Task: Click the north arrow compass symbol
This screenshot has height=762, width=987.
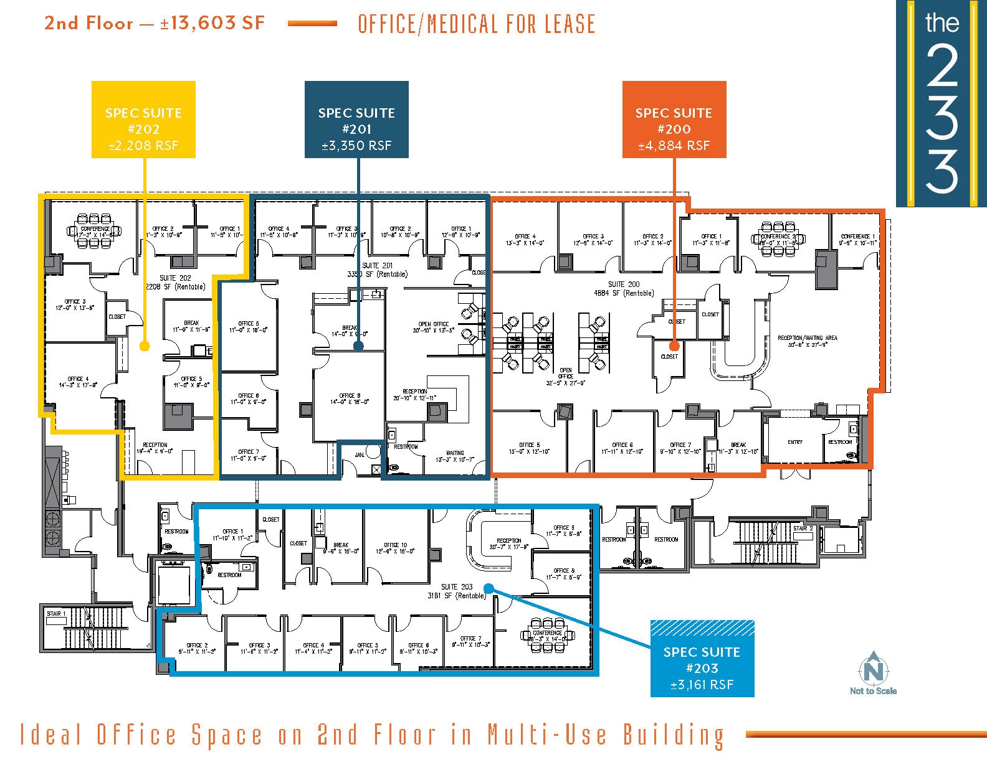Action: (873, 670)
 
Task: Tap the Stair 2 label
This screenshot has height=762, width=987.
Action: (803, 529)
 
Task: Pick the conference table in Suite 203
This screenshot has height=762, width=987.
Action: (548, 636)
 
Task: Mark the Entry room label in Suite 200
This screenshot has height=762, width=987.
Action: (795, 442)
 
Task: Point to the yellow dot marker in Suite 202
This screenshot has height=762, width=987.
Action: (145, 346)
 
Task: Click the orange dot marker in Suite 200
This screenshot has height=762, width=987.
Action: (674, 346)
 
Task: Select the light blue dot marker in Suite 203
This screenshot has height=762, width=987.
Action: (489, 588)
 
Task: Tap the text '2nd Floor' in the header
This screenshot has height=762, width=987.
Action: (88, 24)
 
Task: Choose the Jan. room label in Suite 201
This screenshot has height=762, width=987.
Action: (360, 455)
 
